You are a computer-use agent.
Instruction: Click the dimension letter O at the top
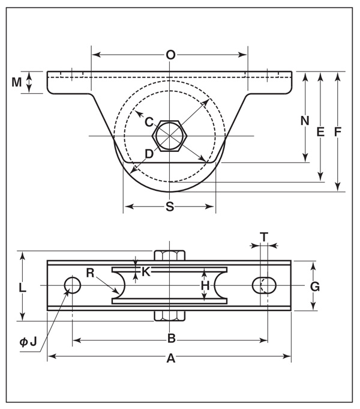click(x=170, y=55)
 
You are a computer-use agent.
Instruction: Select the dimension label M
click(x=16, y=82)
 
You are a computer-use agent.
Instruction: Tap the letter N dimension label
click(x=305, y=121)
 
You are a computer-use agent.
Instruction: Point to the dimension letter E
click(x=320, y=132)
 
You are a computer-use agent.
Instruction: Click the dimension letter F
click(x=338, y=132)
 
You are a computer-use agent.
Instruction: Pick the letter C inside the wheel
click(x=149, y=122)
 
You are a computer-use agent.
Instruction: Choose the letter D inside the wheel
click(x=149, y=154)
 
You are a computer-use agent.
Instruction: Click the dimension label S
click(x=170, y=207)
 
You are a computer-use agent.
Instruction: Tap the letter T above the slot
click(x=265, y=237)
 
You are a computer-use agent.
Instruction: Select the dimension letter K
click(x=146, y=272)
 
